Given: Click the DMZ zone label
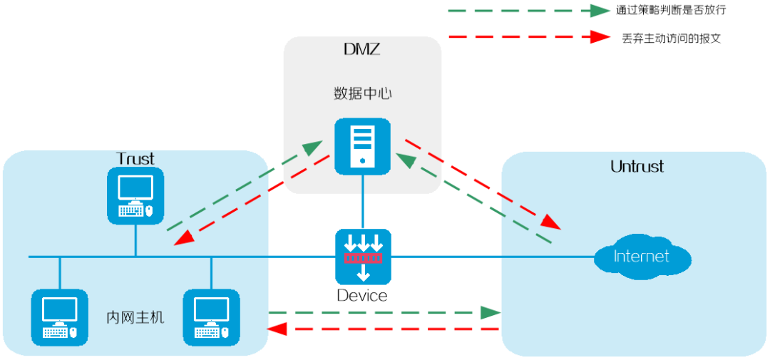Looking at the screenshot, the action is [362, 50].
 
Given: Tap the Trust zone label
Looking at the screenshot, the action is [135, 159].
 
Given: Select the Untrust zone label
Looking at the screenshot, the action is [637, 167].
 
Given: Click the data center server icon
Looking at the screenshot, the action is [362, 146].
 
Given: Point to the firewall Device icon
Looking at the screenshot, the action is [363, 257].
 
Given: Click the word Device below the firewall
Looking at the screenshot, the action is [362, 296].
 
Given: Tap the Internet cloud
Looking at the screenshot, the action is [642, 257].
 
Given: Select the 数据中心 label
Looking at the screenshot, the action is [362, 94].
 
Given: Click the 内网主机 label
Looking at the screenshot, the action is [135, 318].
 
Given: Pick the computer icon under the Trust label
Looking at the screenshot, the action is [135, 195].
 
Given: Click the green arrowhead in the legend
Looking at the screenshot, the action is [599, 10].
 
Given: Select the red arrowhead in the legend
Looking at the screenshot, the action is [599, 36].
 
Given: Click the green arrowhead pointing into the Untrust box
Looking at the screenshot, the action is [490, 312].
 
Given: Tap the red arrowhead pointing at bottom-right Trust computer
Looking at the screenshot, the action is [277, 328].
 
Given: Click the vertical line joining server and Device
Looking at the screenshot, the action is [362, 202].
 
